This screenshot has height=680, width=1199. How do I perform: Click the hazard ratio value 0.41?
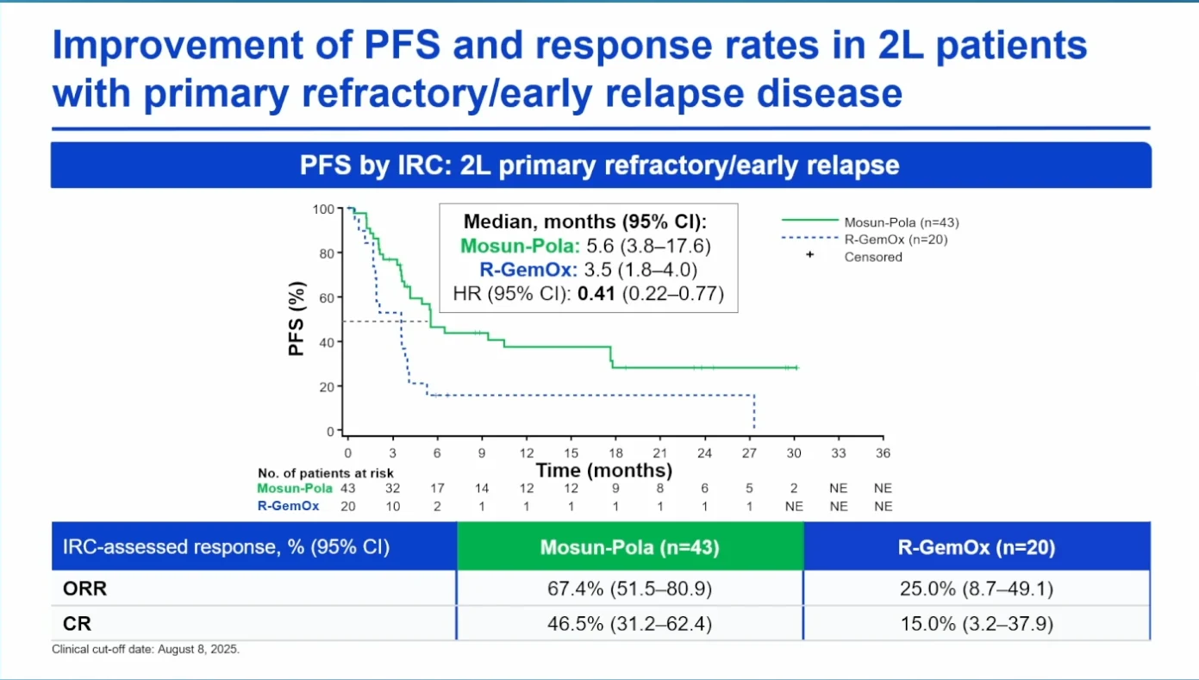pyautogui.click(x=596, y=294)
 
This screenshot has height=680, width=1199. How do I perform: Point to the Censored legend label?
pyautogui.click(x=873, y=258)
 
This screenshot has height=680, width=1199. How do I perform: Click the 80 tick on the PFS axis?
pyautogui.click(x=327, y=253)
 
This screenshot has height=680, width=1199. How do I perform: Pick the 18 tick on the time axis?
pyautogui.click(x=615, y=453)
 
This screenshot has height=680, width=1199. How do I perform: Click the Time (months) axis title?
pyautogui.click(x=603, y=471)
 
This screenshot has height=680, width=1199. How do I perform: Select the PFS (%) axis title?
pyautogui.click(x=296, y=319)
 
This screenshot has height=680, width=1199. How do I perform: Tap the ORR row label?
pyautogui.click(x=84, y=589)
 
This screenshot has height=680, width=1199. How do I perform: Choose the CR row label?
pyautogui.click(x=77, y=624)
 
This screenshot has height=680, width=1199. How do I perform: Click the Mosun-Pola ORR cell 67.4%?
pyautogui.click(x=629, y=589)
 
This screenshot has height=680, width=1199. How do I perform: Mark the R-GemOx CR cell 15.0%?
pyautogui.click(x=977, y=624)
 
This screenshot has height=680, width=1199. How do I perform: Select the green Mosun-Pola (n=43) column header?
pyautogui.click(x=630, y=546)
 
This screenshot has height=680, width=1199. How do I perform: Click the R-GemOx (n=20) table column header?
pyautogui.click(x=977, y=546)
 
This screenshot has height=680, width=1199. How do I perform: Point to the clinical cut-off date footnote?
pyautogui.click(x=146, y=649)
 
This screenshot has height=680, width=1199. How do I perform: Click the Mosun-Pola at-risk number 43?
pyautogui.click(x=348, y=488)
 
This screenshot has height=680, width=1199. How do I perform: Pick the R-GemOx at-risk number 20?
pyautogui.click(x=348, y=506)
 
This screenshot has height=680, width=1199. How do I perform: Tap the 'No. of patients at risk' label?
pyautogui.click(x=326, y=473)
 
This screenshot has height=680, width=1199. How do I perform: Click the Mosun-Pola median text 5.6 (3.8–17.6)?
pyautogui.click(x=648, y=246)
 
